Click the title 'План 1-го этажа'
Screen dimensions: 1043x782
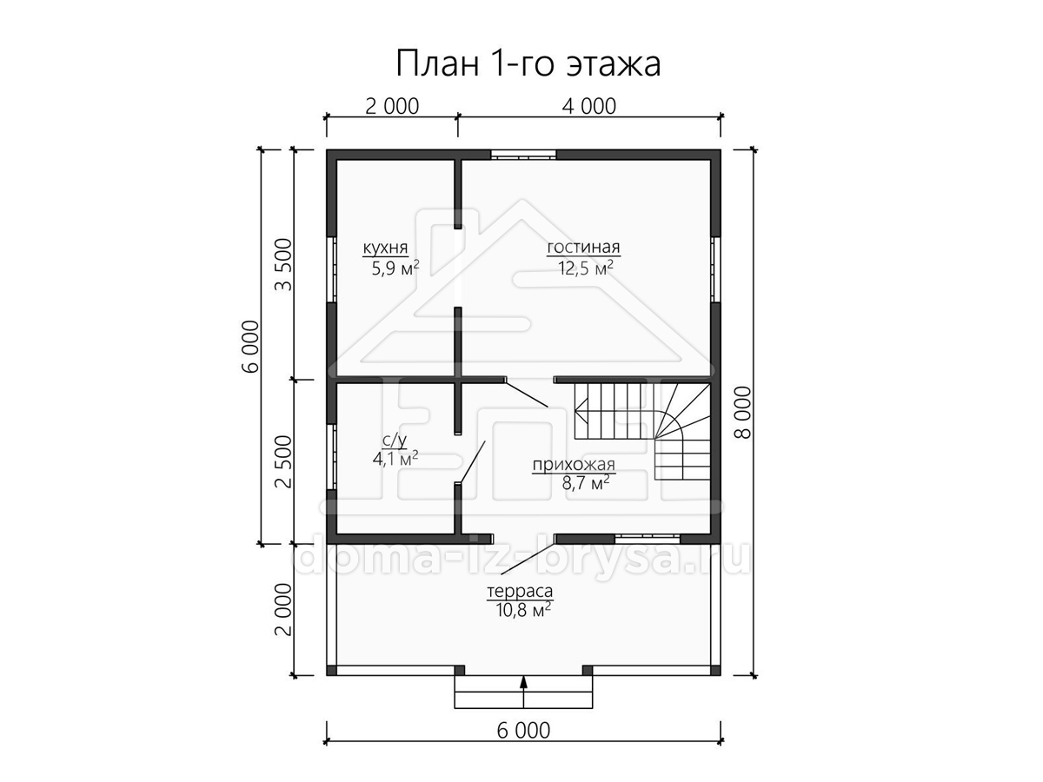coord(528,63)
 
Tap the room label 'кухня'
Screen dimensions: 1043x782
coord(385,249)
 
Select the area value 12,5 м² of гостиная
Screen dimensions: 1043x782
coord(586,268)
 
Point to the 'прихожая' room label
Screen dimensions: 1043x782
coord(574,465)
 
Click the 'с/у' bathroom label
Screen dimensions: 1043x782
coord(395,441)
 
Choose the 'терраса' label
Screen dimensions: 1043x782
coord(520,591)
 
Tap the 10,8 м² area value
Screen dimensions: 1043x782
coord(523,610)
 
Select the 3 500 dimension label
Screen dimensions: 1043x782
coord(284,264)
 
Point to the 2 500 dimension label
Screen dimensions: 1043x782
coord(284,461)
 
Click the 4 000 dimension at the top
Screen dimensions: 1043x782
coord(589,106)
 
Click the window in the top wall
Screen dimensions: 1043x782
coord(523,155)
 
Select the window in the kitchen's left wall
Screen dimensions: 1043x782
coord(332,268)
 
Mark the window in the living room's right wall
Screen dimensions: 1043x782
coord(715,268)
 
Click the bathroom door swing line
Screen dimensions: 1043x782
coord(471,462)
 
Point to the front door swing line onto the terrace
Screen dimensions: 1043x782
coord(528,560)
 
